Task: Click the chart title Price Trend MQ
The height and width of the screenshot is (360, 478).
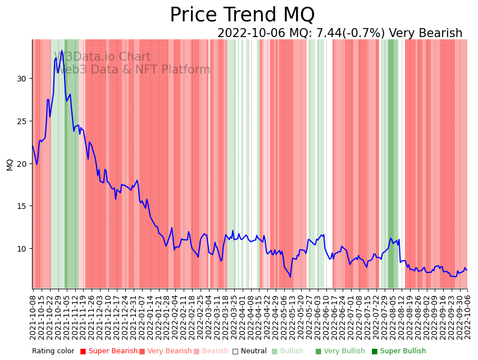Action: (x=242, y=15)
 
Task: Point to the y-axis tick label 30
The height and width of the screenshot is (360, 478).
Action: (x=21, y=79)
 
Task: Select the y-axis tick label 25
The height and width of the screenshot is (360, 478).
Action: (x=21, y=121)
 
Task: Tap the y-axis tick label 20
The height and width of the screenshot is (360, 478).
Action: (x=21, y=164)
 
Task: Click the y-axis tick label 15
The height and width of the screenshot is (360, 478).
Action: (x=21, y=206)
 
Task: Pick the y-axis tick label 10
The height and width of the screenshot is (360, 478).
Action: (x=21, y=249)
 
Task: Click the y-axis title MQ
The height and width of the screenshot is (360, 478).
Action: (x=10, y=164)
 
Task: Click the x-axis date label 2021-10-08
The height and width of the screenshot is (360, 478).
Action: (x=33, y=317)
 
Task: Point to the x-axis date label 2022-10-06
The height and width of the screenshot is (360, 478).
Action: (x=467, y=317)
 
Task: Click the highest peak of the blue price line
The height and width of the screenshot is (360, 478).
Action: (x=62, y=51)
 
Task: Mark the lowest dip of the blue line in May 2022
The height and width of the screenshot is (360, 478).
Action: (x=290, y=276)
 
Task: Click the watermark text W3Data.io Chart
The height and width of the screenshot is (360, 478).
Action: (x=102, y=57)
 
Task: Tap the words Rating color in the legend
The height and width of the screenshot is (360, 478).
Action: (x=53, y=352)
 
